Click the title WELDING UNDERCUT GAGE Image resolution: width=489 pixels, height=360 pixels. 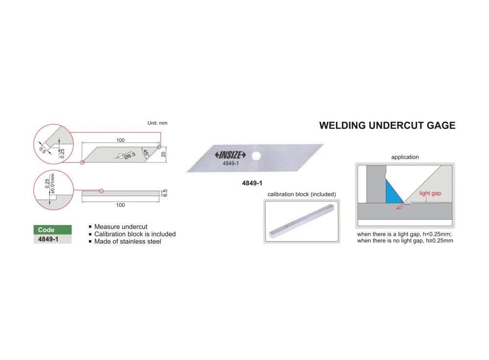[387, 126]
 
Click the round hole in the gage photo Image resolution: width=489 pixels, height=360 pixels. [255, 156]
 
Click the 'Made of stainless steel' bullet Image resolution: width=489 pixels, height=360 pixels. [128, 241]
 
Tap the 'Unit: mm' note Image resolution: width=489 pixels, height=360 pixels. [157, 123]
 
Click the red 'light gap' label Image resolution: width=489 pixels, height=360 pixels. [430, 193]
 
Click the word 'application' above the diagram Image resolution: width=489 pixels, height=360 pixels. [405, 157]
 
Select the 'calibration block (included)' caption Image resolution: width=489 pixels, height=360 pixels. [302, 194]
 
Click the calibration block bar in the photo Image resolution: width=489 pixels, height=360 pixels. [301, 223]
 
